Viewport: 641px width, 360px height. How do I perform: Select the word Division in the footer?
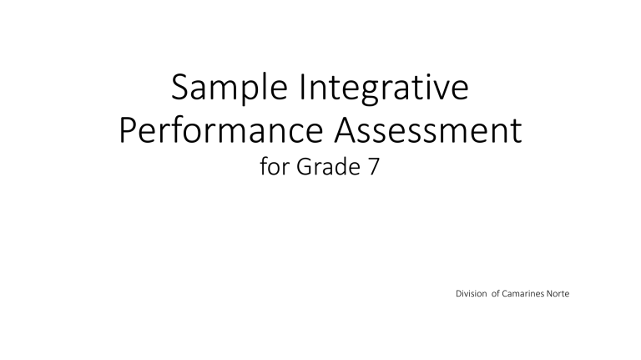pos(472,294)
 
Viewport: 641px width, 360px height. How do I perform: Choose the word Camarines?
pos(531,294)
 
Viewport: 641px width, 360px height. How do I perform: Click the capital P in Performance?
pos(128,132)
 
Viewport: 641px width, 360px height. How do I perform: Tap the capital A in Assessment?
pos(338,132)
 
